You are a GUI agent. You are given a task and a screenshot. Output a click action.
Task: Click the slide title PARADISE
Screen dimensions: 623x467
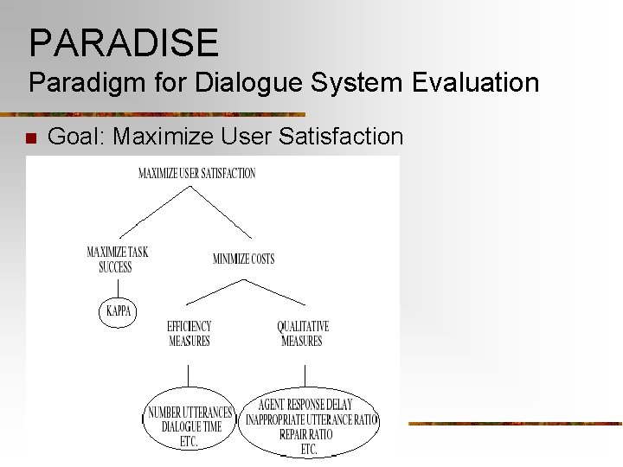pyautogui.click(x=123, y=42)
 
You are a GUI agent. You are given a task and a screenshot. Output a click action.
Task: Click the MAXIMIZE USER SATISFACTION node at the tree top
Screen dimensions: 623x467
pyautogui.click(x=197, y=173)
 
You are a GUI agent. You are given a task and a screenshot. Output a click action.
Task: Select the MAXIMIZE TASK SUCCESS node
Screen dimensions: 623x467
pyautogui.click(x=117, y=259)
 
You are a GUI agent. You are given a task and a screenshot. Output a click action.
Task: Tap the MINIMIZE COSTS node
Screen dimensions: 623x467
pyautogui.click(x=243, y=259)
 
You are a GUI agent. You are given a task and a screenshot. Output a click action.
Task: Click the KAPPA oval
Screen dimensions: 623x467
pyautogui.click(x=119, y=310)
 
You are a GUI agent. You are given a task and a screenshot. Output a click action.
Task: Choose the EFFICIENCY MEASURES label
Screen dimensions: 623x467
pyautogui.click(x=189, y=334)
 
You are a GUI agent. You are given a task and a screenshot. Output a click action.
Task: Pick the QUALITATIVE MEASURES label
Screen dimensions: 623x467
pyautogui.click(x=302, y=334)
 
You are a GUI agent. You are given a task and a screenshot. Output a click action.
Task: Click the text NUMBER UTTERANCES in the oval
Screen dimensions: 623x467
pyautogui.click(x=189, y=413)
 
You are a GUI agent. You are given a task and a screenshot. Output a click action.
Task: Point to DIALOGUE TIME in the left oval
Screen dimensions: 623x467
pyautogui.click(x=191, y=426)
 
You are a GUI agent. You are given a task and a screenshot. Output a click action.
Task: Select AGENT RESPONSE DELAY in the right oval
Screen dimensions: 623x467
pyautogui.click(x=305, y=405)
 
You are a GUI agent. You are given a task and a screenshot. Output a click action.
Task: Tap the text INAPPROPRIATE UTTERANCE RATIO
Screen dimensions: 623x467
pyautogui.click(x=311, y=419)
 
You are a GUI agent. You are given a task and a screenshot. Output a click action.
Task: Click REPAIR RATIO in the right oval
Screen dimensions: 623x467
pyautogui.click(x=305, y=434)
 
